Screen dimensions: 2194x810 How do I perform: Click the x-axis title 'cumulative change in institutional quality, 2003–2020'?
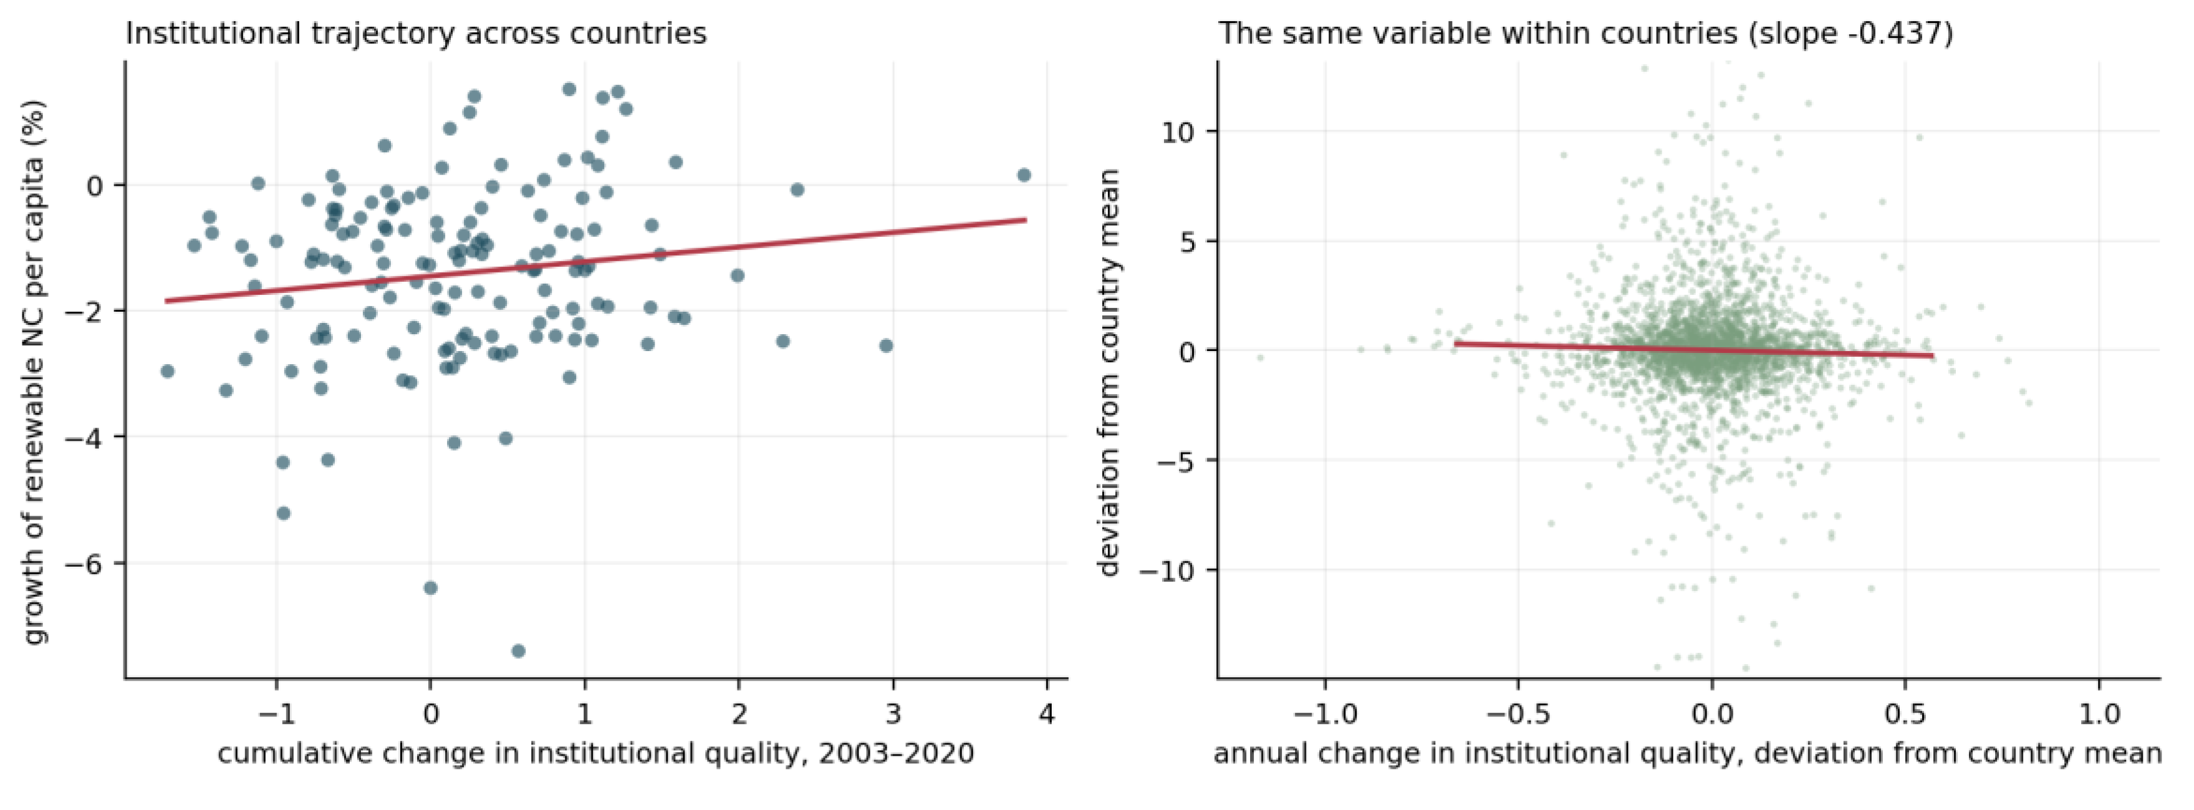click(x=595, y=754)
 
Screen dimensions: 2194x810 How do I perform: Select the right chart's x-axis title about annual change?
click(x=1687, y=754)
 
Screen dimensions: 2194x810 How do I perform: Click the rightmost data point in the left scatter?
click(x=1024, y=175)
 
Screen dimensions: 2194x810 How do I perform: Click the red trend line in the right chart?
click(x=1694, y=350)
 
